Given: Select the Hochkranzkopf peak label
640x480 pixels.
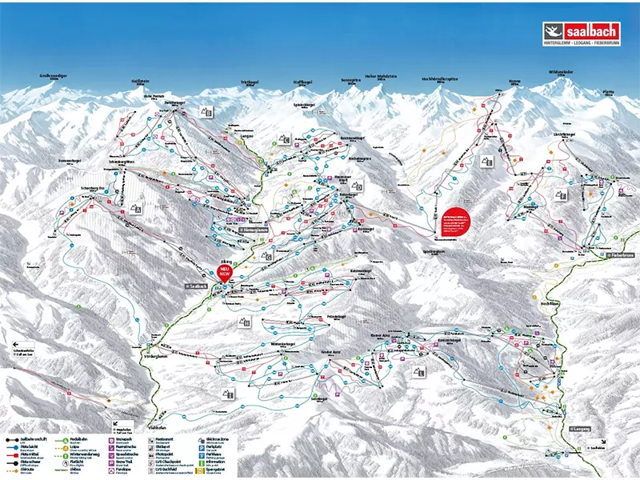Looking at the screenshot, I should (x=440, y=79).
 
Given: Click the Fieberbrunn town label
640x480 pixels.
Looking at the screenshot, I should (x=619, y=254).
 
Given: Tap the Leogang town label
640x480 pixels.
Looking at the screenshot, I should (x=581, y=430).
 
